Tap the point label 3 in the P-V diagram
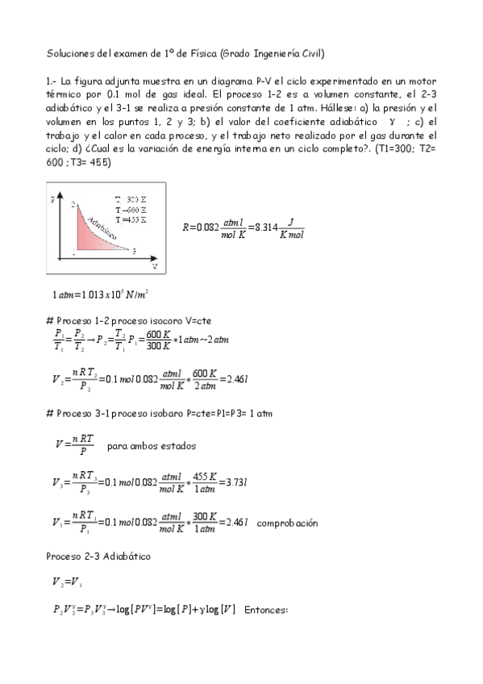134,251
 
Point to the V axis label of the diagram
154,265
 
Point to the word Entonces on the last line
265,612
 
